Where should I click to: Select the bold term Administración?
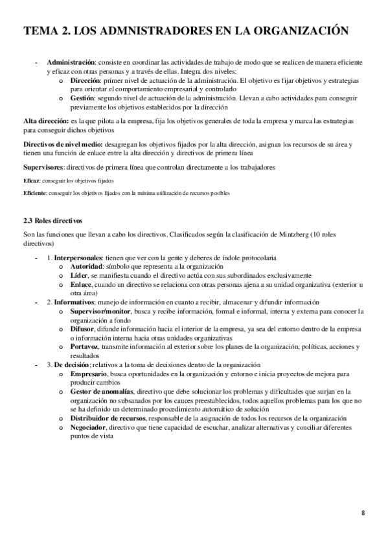click(x=73, y=62)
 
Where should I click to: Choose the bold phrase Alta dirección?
click(x=45, y=121)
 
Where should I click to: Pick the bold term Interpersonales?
click(x=84, y=258)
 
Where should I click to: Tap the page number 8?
click(x=363, y=513)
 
